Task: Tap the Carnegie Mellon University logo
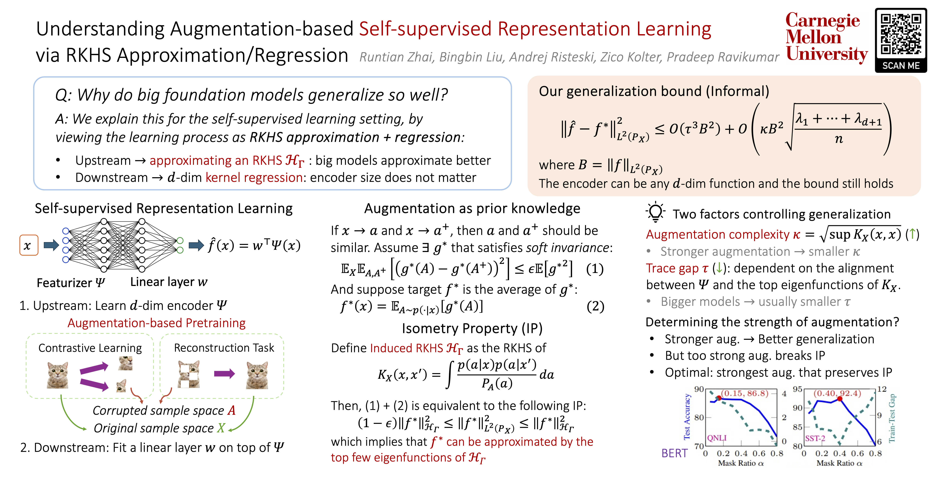tap(826, 37)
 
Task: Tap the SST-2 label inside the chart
tap(815, 438)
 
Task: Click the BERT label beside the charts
tap(674, 453)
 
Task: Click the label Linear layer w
tap(169, 282)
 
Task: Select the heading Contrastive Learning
tap(90, 348)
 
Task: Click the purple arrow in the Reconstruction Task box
tap(224, 374)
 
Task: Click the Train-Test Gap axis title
tap(892, 418)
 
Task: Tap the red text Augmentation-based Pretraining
tap(156, 323)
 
